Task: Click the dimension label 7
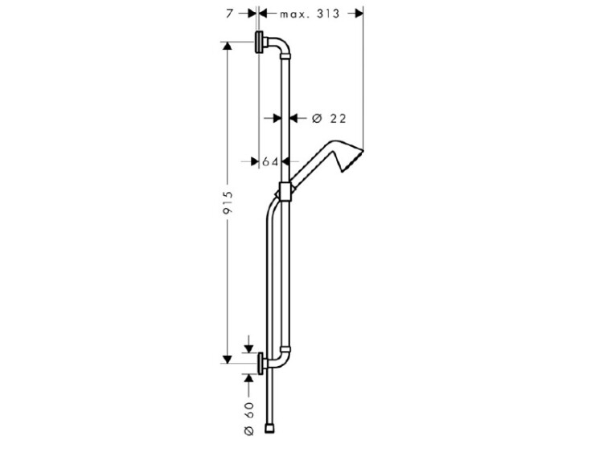[x=229, y=14]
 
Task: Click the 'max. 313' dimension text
[x=310, y=14]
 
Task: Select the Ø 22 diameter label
[x=329, y=119]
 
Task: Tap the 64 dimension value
[x=270, y=162]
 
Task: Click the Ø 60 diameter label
[x=249, y=418]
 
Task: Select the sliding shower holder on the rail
[x=285, y=192]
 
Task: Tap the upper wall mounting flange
[x=259, y=43]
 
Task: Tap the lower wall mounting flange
[x=261, y=363]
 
